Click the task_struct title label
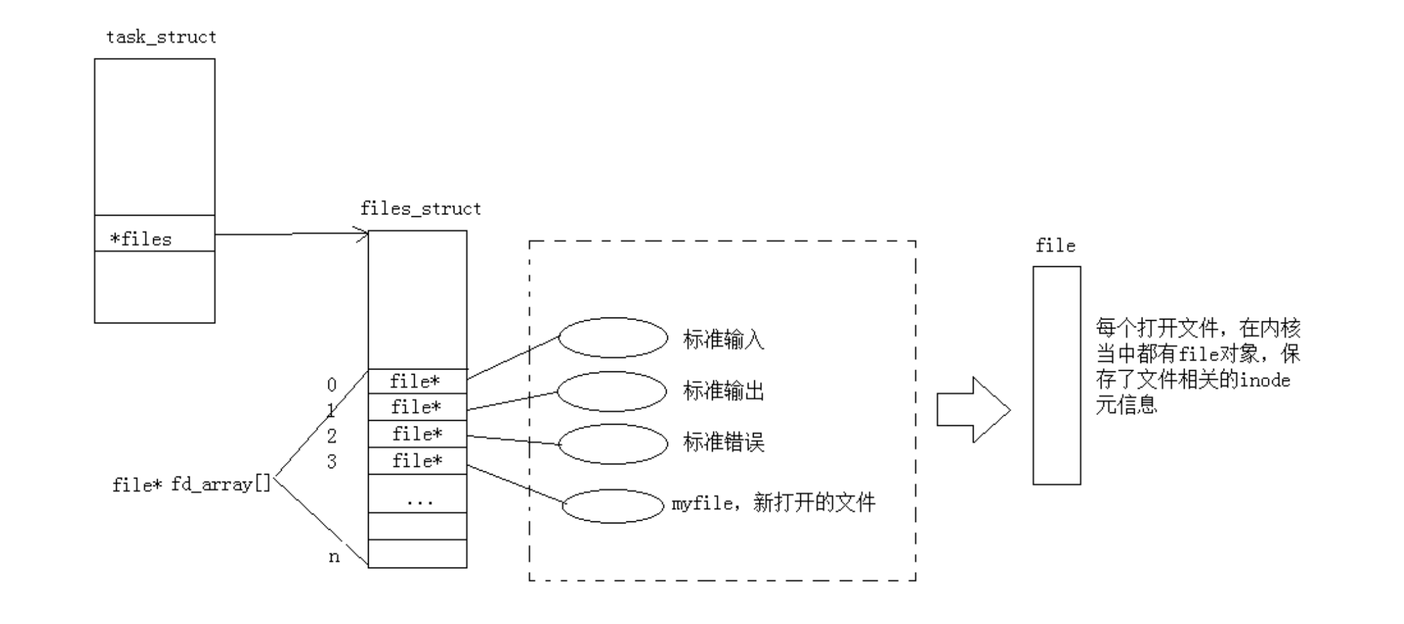161,37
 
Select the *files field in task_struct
141,239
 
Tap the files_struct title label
420,208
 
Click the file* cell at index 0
417,381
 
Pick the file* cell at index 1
417,407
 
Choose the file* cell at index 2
417,434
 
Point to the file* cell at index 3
417,461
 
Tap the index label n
334,556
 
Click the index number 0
332,385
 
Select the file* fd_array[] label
191,484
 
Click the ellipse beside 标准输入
613,338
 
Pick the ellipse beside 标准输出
611,391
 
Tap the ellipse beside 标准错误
613,444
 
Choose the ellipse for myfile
613,506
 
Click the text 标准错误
723,442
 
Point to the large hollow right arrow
972,410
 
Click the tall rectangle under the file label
1056,375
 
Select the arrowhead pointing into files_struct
362,234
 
